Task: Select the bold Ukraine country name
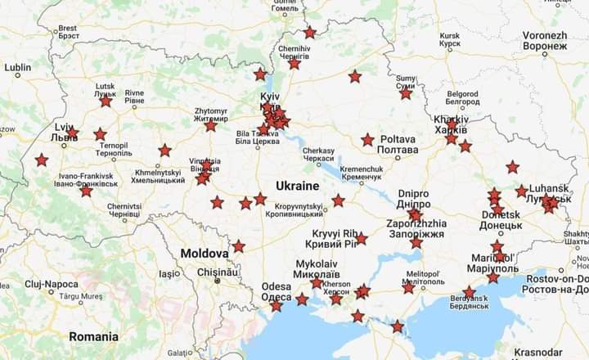tap(297, 185)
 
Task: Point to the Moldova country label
tap(204, 253)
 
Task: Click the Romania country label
tap(93, 336)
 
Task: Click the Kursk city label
tap(450, 41)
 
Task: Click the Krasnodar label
tap(562, 352)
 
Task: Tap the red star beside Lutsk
tap(106, 101)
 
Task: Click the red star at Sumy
tap(406, 93)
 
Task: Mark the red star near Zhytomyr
tap(210, 125)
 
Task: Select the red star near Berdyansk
tap(469, 292)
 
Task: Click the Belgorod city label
tap(462, 98)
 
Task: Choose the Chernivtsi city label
tap(124, 211)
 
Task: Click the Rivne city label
tap(134, 97)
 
